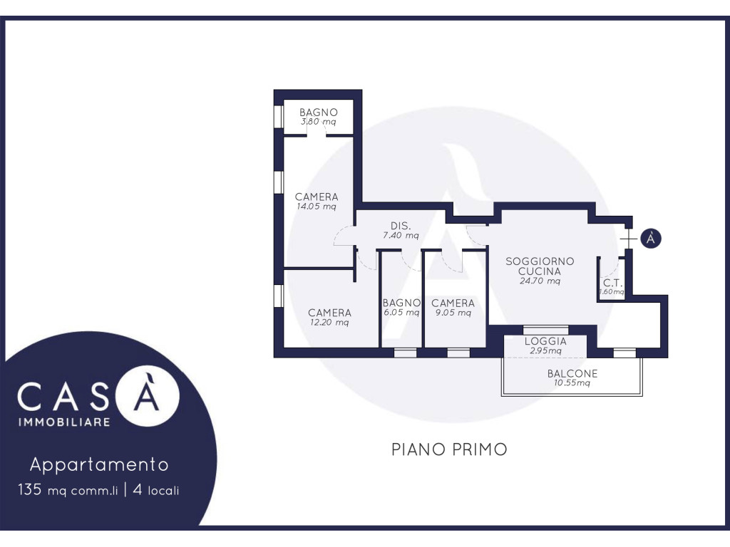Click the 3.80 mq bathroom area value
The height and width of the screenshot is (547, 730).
click(x=319, y=122)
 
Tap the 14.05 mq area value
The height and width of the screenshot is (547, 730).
click(x=317, y=207)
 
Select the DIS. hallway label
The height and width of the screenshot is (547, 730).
click(x=401, y=226)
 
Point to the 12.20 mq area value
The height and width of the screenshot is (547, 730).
click(x=329, y=323)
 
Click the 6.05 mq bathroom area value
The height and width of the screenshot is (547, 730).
click(x=401, y=313)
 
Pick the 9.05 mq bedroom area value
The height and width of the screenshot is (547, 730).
click(x=453, y=313)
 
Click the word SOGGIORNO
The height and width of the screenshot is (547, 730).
click(x=540, y=261)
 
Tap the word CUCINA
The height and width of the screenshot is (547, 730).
click(x=540, y=271)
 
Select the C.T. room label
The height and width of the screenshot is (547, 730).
click(x=612, y=283)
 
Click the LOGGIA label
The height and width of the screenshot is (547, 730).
click(x=545, y=341)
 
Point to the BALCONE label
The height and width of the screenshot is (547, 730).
click(x=572, y=373)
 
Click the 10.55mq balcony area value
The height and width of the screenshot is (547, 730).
click(x=572, y=383)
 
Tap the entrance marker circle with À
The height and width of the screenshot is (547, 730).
click(x=651, y=238)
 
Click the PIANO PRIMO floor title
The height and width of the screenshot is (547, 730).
click(x=449, y=450)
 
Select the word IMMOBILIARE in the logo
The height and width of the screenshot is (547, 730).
click(x=64, y=422)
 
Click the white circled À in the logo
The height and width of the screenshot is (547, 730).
click(x=147, y=396)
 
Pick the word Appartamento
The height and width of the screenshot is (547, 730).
click(x=99, y=465)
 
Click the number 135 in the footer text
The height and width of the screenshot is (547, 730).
click(x=30, y=490)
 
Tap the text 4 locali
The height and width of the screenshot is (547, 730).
click(x=156, y=490)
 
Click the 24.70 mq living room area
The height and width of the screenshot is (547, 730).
click(x=540, y=281)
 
